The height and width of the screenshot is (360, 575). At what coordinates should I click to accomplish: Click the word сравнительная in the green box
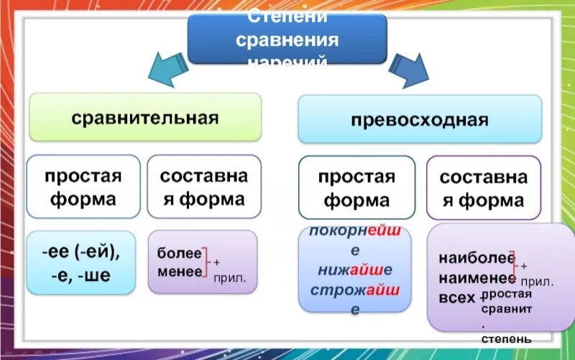(144, 117)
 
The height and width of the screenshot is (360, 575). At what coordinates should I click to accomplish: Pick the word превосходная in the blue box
(419, 119)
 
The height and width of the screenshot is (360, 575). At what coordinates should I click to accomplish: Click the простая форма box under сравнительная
(83, 186)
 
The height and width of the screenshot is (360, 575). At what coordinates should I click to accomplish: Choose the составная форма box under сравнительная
(203, 186)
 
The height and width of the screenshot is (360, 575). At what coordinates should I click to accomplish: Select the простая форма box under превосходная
(356, 188)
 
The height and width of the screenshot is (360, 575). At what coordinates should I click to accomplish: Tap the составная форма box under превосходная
(483, 188)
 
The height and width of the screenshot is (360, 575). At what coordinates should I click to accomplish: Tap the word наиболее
(476, 258)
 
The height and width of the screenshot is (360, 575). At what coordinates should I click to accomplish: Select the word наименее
(476, 278)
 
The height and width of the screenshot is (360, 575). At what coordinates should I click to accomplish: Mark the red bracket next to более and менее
(206, 262)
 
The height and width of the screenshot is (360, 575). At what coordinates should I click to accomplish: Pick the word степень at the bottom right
(507, 338)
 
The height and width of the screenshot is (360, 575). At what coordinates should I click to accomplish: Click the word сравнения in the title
(287, 38)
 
